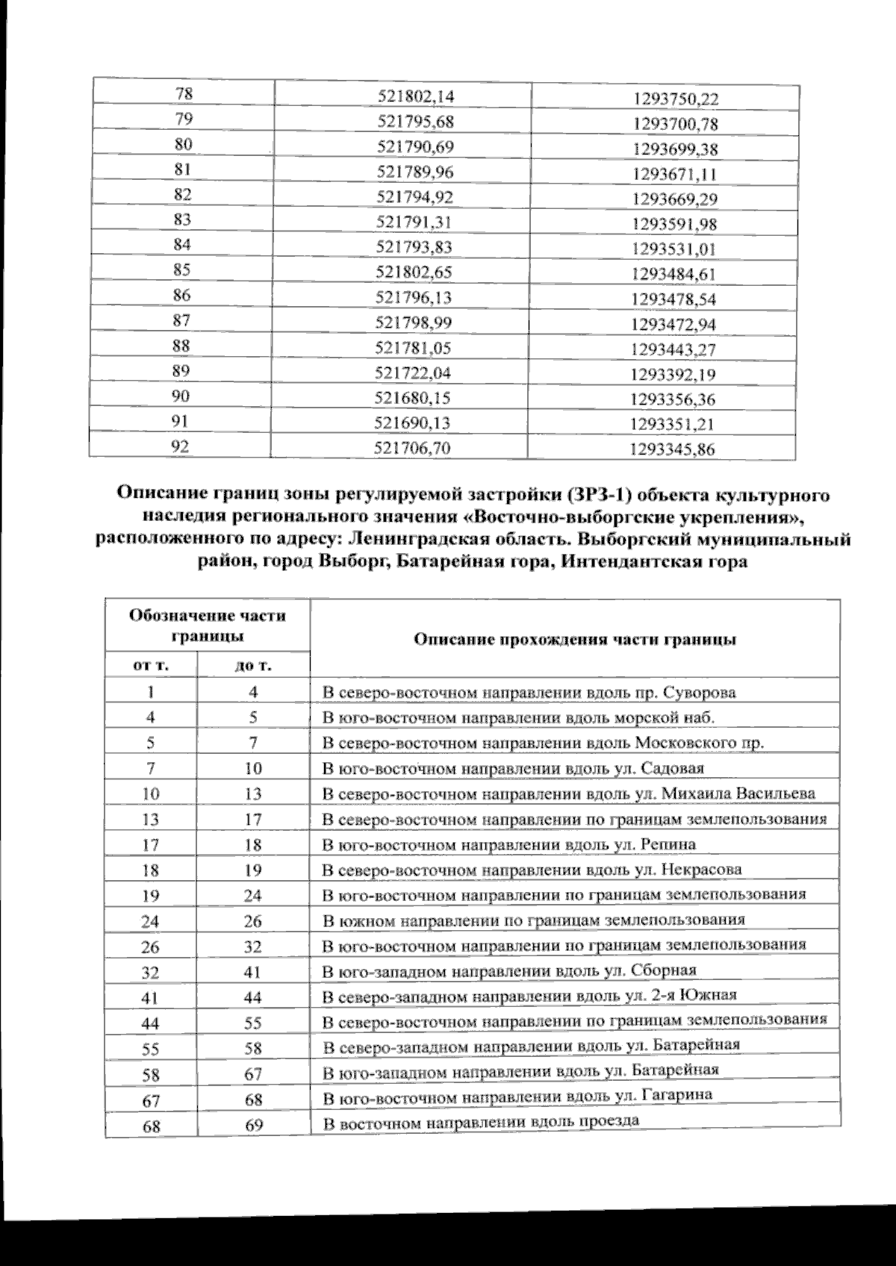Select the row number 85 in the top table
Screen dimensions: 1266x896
(x=181, y=270)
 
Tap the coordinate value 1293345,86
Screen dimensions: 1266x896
(x=673, y=449)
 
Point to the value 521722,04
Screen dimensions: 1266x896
(x=414, y=372)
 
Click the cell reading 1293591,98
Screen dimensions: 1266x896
(x=674, y=224)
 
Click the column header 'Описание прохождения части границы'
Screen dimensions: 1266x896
(x=575, y=640)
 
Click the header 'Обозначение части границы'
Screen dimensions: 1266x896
(x=208, y=626)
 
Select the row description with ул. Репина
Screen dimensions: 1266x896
(x=508, y=844)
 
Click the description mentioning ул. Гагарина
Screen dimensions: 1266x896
(x=517, y=1095)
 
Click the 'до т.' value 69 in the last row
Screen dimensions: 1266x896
(x=254, y=1125)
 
